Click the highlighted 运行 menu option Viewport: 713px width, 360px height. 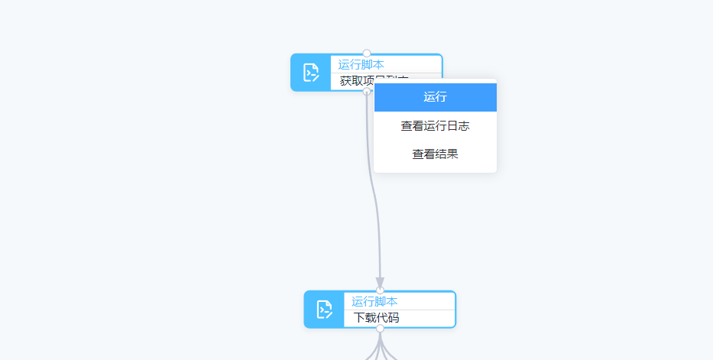tap(435, 97)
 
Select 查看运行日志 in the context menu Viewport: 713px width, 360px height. tap(435, 126)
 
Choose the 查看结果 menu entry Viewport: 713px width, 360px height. tap(435, 154)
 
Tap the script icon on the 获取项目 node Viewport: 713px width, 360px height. tap(311, 73)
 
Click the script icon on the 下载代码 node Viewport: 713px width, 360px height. tap(324, 310)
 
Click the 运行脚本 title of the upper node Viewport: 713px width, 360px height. tap(361, 64)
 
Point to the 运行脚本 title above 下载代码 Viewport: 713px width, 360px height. tap(374, 301)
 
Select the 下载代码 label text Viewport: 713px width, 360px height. tap(376, 318)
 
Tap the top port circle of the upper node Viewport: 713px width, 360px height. tap(367, 54)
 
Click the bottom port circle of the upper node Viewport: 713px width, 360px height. tap(367, 91)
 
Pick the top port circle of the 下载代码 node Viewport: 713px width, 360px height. tap(380, 290)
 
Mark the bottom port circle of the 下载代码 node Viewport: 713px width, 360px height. tap(380, 328)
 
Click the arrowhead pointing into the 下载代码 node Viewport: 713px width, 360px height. tap(380, 283)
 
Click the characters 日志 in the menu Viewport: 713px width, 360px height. tap(458, 126)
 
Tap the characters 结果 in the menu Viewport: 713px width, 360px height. tap(446, 154)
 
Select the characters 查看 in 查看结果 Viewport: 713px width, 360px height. tap(423, 154)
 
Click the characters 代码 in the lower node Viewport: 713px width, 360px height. tap(387, 318)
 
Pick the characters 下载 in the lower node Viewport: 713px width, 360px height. tap(365, 318)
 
